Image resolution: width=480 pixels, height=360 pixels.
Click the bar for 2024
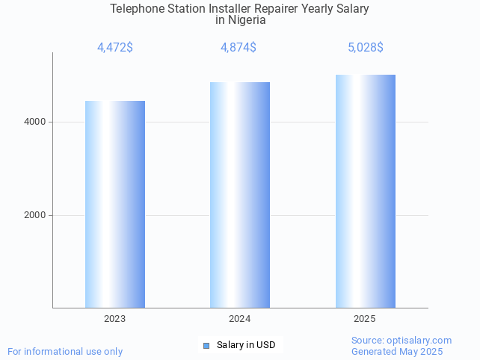pos(240,195)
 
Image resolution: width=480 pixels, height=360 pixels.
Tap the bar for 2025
pos(365,191)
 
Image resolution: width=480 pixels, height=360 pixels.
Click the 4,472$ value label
pos(115,48)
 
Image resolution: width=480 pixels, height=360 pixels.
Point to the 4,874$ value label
pos(239,48)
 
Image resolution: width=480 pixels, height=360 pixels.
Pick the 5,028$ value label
pos(365,48)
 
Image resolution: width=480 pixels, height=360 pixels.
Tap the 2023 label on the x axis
pos(115,319)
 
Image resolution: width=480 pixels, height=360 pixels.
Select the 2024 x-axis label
pos(240,319)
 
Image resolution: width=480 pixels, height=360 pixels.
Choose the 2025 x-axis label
pos(365,319)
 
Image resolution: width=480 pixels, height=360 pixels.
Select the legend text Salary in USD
pos(246,345)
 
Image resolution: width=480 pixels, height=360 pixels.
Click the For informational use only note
pos(65,351)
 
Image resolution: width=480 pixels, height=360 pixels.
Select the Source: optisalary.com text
pos(401,340)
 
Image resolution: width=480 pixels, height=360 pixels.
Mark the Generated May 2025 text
pos(397,351)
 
